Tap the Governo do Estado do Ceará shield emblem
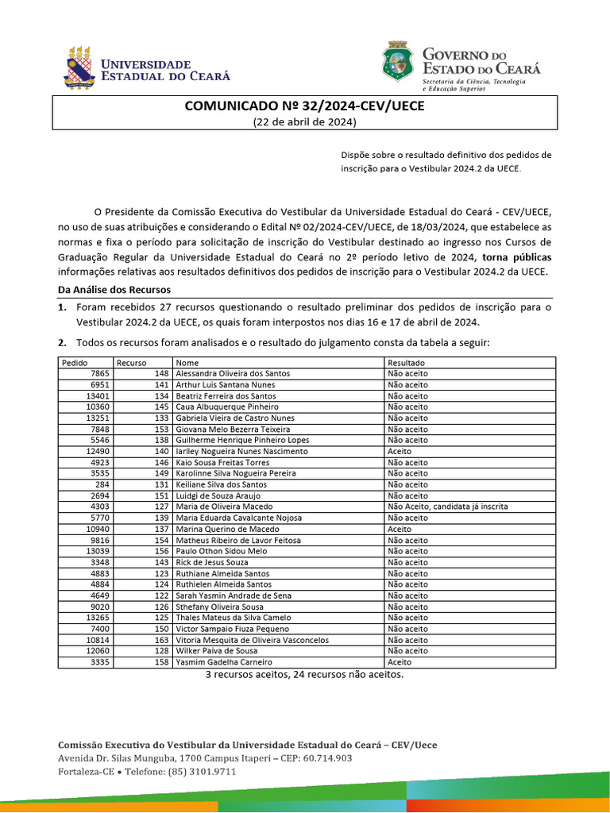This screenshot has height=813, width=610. pyautogui.click(x=398, y=63)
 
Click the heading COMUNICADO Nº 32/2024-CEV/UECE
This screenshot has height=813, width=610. pyautogui.click(x=305, y=106)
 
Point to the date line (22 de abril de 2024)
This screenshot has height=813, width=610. pyautogui.click(x=305, y=121)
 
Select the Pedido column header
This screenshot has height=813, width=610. pyautogui.click(x=74, y=362)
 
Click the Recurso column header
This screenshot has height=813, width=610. pyautogui.click(x=131, y=362)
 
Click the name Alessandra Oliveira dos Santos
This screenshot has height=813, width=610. pyautogui.click(x=233, y=373)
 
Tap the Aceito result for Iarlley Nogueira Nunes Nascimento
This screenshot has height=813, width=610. pyautogui.click(x=399, y=451)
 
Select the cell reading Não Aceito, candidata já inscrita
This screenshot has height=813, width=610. pyautogui.click(x=447, y=507)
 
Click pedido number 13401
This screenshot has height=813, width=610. pyautogui.click(x=98, y=395)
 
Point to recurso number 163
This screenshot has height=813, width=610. pyautogui.click(x=162, y=640)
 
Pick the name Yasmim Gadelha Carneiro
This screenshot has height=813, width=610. pyautogui.click(x=224, y=662)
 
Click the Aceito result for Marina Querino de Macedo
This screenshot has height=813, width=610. pyautogui.click(x=399, y=529)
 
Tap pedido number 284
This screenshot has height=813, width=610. pyautogui.click(x=102, y=484)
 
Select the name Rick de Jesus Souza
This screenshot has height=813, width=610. pyautogui.click(x=212, y=562)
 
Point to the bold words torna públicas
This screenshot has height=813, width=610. pyautogui.click(x=516, y=257)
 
